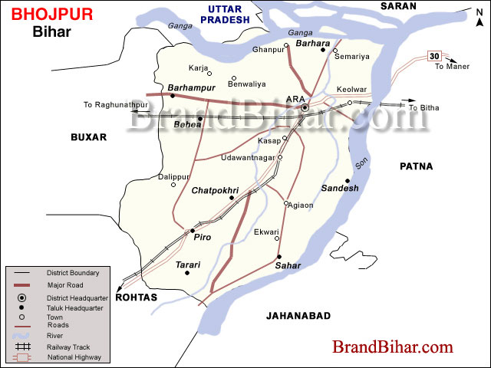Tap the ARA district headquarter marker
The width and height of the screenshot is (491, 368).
305,108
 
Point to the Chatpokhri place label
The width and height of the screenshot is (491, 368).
216,189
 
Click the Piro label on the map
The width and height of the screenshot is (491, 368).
202,238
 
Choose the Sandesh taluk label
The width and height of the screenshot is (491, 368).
340,188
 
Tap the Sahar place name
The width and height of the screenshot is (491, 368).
288,265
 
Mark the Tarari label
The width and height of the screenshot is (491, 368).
188,264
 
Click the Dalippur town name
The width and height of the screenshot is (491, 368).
173,176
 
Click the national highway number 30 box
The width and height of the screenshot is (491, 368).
434,56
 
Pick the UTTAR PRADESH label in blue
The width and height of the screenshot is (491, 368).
224,14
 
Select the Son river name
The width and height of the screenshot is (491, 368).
360,165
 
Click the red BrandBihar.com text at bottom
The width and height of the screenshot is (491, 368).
392,347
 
